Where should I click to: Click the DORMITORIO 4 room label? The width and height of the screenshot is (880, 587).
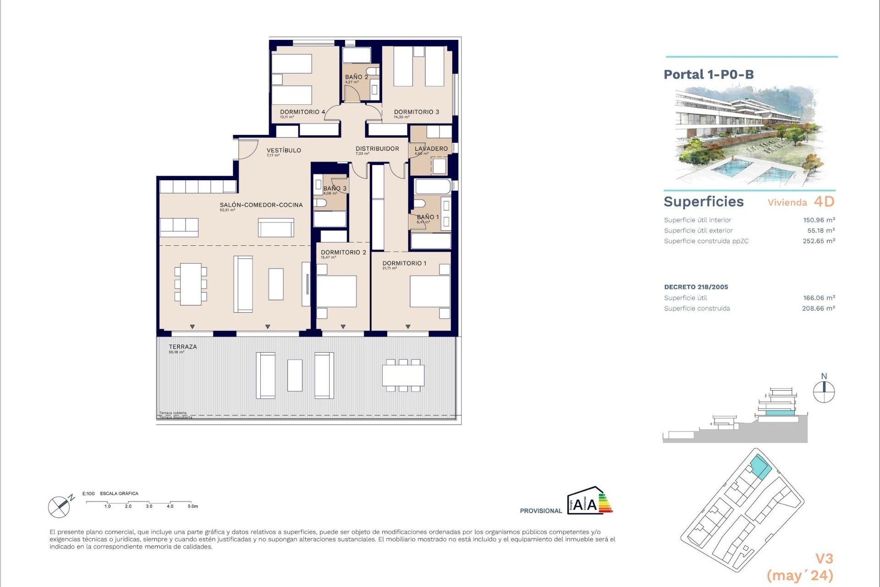point(302,112)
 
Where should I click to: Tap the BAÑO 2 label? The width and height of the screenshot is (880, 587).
point(356,77)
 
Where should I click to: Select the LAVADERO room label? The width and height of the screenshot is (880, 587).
point(431,149)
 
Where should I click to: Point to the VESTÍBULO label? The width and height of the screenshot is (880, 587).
point(284,150)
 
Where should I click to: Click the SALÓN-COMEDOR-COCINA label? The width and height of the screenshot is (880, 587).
point(261,205)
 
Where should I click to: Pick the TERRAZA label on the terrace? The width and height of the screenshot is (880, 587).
point(182,347)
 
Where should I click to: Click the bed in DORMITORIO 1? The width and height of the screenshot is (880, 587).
point(429,291)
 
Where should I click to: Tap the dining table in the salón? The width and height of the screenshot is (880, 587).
point(191,284)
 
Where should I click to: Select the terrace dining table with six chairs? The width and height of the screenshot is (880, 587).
point(403,375)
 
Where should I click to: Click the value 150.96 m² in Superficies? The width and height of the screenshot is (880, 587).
point(819,220)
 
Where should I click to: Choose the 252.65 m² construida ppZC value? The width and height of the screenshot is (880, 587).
point(819,241)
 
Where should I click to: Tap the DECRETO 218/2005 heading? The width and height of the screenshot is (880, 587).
point(696,287)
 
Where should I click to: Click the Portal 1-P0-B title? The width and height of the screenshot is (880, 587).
point(709,75)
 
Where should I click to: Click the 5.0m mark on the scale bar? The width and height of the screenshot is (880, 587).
point(192,506)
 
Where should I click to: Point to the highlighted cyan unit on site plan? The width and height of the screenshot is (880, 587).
point(760,467)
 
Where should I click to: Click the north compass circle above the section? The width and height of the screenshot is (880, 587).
point(824,393)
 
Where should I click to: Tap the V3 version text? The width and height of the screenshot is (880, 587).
point(824,559)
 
